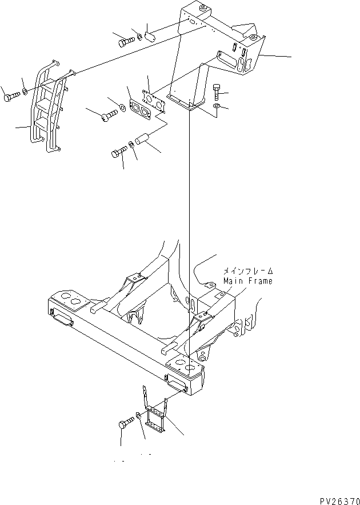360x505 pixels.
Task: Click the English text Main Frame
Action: [247, 281]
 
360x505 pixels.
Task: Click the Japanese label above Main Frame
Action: [247, 272]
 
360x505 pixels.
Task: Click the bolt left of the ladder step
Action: [13, 97]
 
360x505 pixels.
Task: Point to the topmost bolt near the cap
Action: [126, 41]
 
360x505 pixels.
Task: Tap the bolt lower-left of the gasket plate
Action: [109, 117]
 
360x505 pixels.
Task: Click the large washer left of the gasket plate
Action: [122, 107]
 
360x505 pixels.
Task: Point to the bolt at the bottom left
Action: [125, 424]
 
